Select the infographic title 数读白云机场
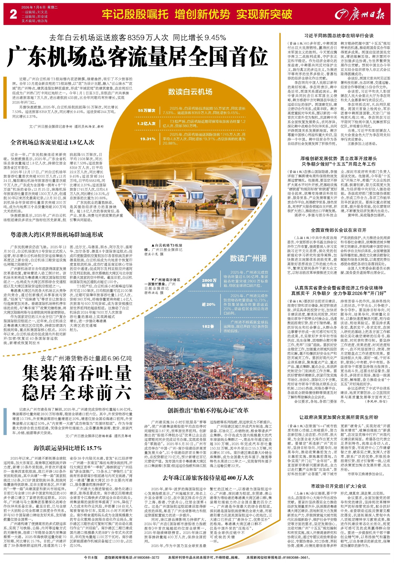[x=190, y=92]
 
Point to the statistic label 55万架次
[x=147, y=111]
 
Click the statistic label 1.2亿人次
[x=146, y=123]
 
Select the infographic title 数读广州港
[x=248, y=258]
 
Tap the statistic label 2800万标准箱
[x=209, y=282]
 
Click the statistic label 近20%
[x=209, y=304]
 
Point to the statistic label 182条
[x=208, y=326]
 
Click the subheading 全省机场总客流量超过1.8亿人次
[x=52, y=143]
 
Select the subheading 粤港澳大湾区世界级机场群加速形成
[x=57, y=235]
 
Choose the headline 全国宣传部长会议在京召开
[x=339, y=230]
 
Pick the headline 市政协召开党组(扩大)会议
[x=339, y=486]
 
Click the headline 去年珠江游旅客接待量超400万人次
[x=208, y=477]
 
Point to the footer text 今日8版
[x=91, y=557]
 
